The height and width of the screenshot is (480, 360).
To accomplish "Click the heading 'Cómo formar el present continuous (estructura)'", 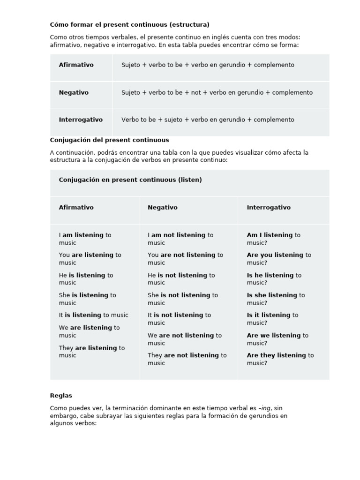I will click(x=129, y=24).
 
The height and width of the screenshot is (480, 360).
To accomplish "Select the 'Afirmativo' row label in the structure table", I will click(x=76, y=65).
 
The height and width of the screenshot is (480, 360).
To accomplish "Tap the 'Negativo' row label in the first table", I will click(x=74, y=92).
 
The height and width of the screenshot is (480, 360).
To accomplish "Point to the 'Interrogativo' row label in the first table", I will click(x=81, y=120).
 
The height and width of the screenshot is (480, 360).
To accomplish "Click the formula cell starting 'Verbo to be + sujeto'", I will click(x=208, y=120).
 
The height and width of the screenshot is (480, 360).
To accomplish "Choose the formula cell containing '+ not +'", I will click(x=217, y=92).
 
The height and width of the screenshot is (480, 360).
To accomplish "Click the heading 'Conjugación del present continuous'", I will click(x=109, y=140).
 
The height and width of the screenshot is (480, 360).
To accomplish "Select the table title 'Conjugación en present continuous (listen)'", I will click(x=130, y=180).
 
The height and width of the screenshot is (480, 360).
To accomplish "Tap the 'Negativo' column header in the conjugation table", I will click(x=163, y=207).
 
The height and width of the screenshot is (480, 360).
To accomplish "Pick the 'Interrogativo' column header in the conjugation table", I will click(x=269, y=207).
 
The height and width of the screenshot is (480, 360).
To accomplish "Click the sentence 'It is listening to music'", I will click(x=93, y=315).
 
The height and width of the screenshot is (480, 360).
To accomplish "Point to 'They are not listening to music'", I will click(x=187, y=359).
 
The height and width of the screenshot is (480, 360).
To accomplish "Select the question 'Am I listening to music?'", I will click(x=273, y=239).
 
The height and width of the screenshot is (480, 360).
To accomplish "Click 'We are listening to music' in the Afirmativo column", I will click(x=89, y=331).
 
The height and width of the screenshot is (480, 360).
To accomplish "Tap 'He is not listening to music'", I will click(x=181, y=279).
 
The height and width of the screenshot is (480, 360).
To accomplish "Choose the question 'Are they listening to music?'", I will click(x=280, y=359).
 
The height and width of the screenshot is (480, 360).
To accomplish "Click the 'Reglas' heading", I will click(x=61, y=396).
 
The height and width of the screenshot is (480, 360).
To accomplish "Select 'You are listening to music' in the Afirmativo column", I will click(x=90, y=259).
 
